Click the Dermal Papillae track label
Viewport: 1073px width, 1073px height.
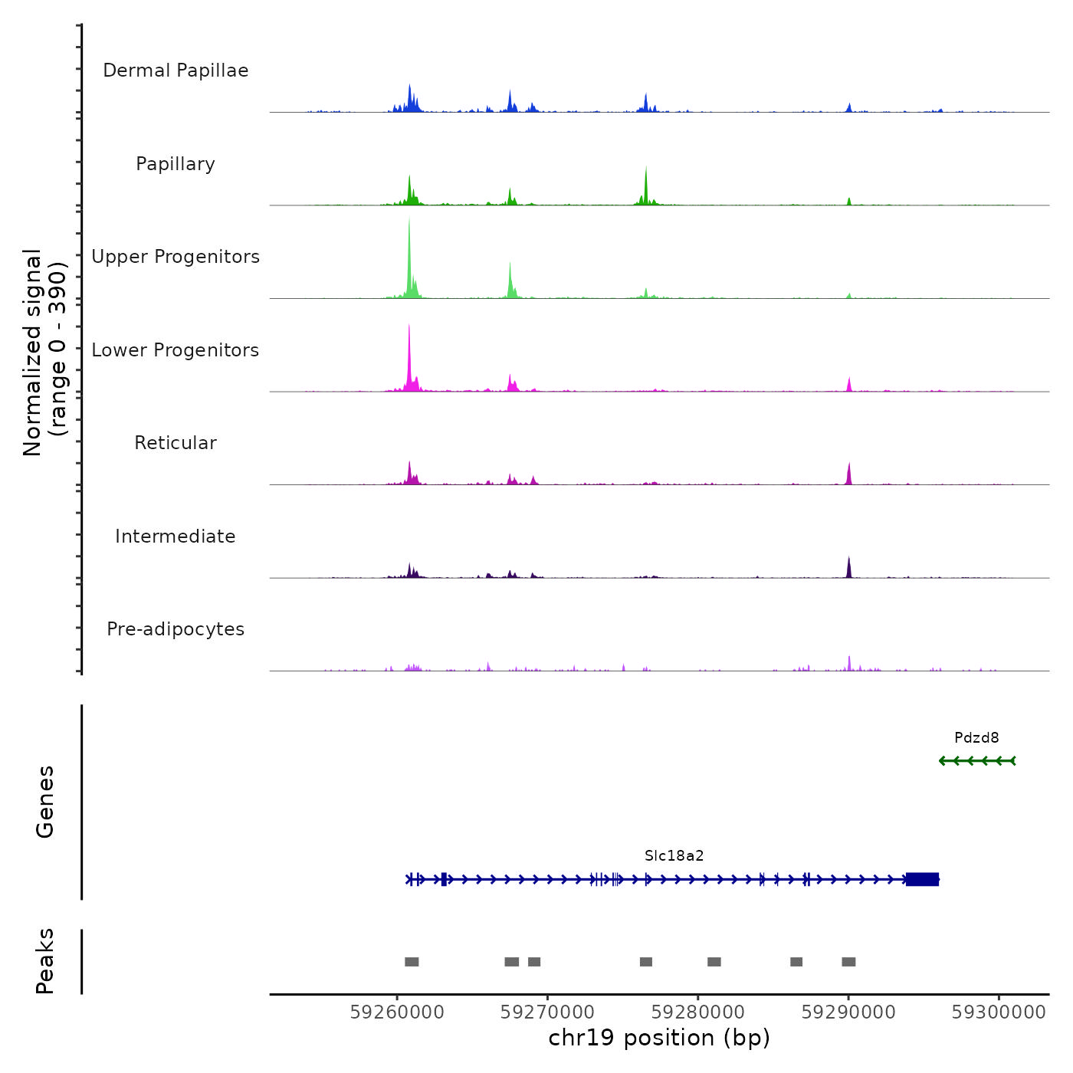[176, 71]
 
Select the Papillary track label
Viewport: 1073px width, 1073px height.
[176, 164]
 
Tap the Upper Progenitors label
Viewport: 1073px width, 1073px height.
[176, 257]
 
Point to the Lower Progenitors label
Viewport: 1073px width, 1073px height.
[176, 350]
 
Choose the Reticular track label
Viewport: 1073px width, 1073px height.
[176, 443]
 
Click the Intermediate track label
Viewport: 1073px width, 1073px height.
[176, 536]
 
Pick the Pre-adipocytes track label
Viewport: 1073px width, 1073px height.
[176, 629]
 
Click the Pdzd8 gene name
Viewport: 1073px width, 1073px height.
[976, 738]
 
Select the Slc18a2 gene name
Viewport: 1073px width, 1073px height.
[674, 856]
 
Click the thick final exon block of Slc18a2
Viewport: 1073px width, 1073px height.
[922, 879]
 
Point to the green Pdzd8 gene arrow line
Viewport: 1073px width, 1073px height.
[977, 761]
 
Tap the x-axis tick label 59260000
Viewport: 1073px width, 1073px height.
[397, 1012]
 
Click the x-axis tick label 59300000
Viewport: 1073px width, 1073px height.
[999, 1012]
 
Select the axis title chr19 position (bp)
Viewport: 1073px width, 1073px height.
[659, 1039]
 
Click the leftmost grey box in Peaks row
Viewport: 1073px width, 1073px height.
[412, 962]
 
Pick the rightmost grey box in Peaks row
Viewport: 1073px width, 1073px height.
[848, 962]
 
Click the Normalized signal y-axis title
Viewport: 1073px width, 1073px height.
[44, 352]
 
